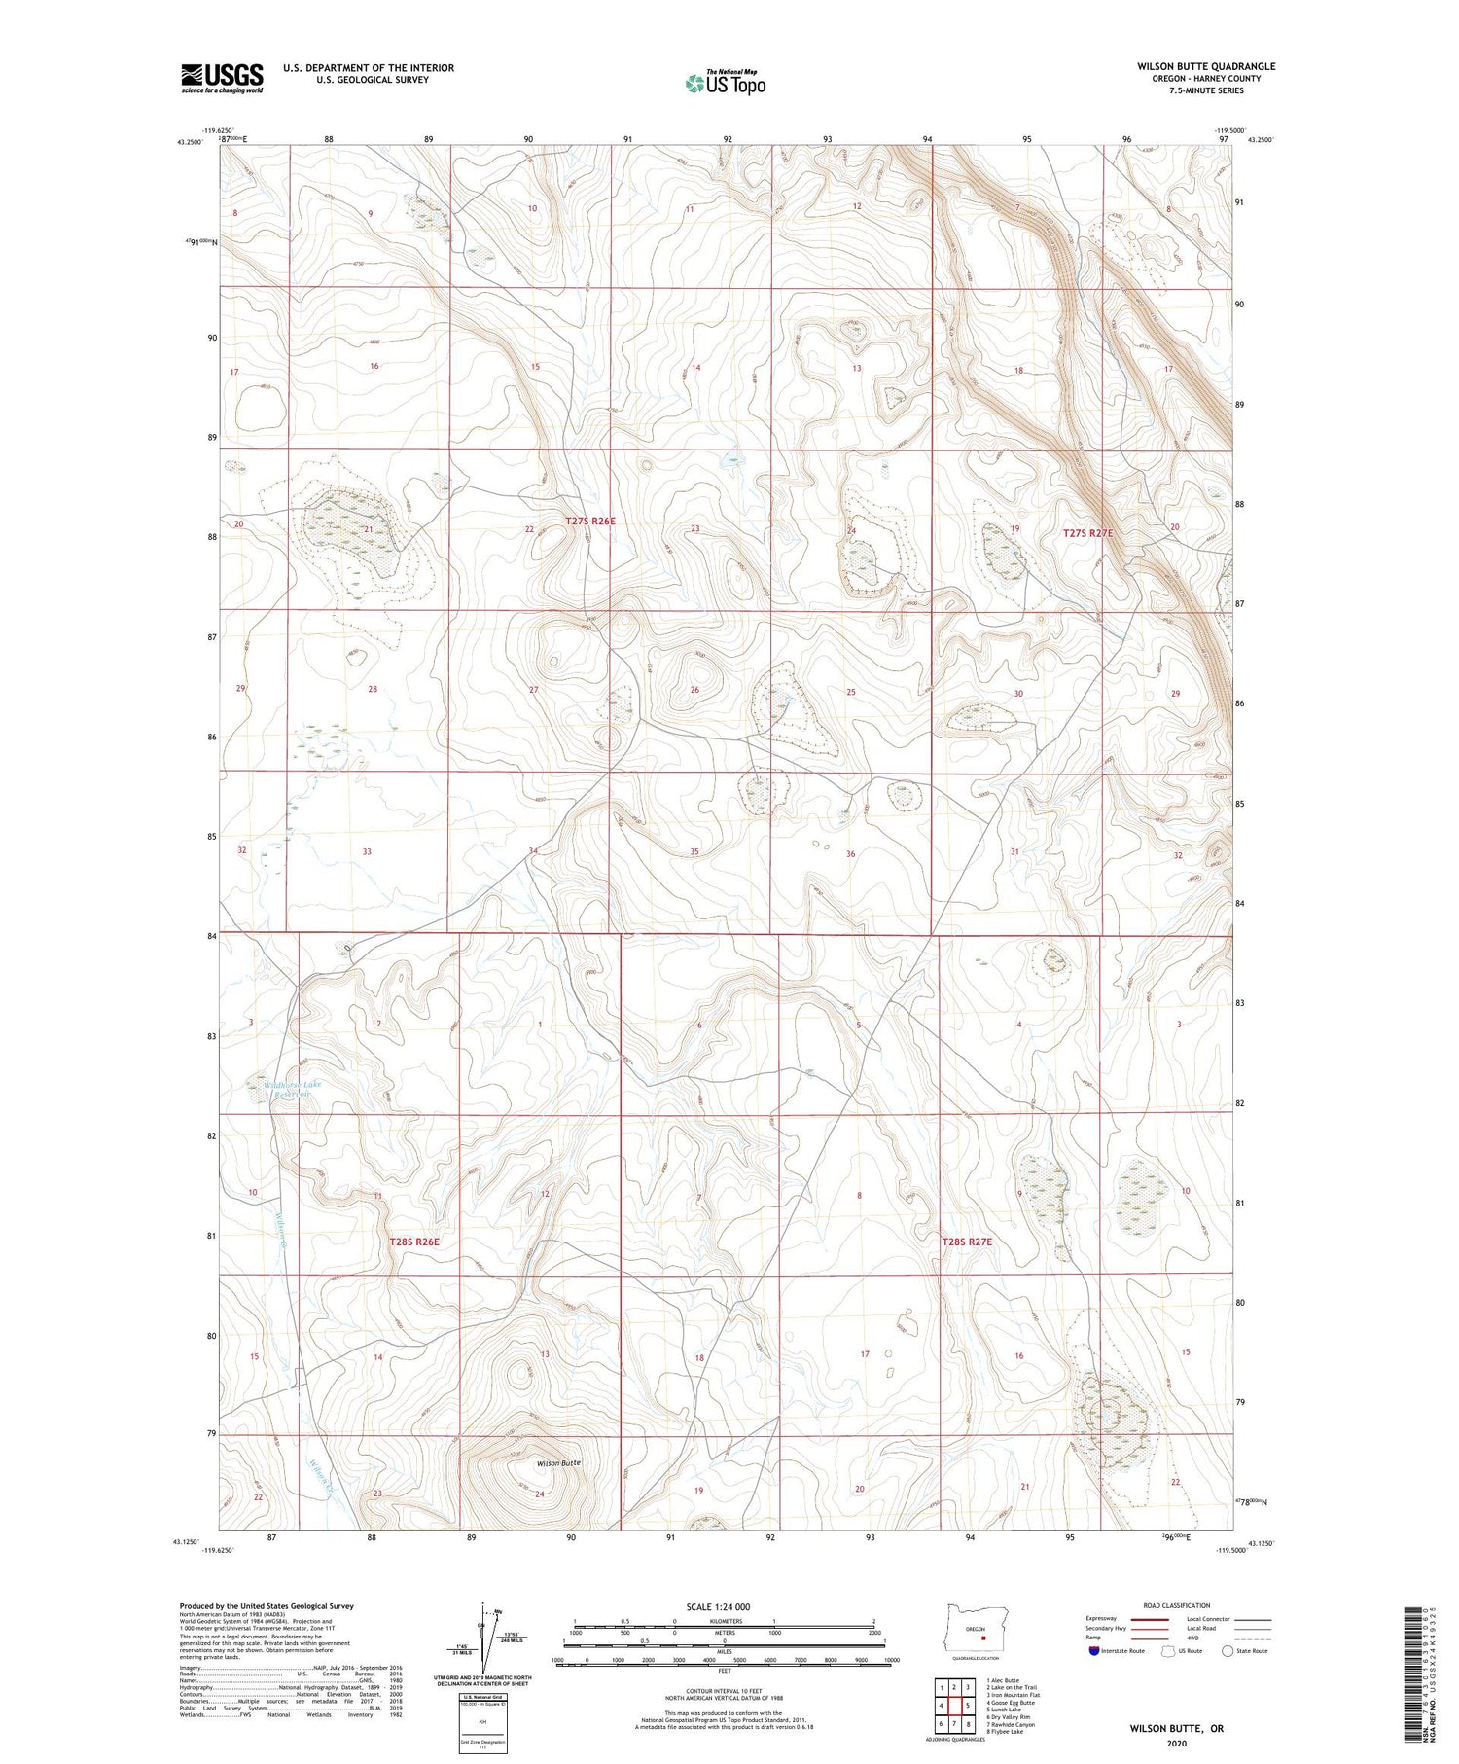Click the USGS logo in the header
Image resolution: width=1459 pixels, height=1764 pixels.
[222, 78]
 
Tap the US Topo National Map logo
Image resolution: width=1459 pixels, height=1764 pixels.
[725, 83]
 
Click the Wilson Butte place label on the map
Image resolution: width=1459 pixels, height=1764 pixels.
[558, 1462]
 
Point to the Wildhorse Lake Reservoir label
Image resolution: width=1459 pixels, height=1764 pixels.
[297, 1089]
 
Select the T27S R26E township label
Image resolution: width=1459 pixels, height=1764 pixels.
[590, 522]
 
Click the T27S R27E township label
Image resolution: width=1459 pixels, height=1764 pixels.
[1093, 533]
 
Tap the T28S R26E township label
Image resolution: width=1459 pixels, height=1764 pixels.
[414, 1242]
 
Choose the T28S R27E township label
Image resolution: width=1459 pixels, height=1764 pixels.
[966, 1242]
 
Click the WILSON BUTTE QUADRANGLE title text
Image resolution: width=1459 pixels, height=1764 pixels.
[1205, 66]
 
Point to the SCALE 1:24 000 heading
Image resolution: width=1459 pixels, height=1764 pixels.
[717, 1606]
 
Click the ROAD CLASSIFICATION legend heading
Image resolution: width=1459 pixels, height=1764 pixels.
[1176, 1605]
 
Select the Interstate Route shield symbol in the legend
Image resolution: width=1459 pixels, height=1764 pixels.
[1094, 1651]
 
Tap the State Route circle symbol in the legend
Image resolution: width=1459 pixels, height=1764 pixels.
[1228, 1651]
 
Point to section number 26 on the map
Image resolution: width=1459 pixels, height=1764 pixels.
[694, 690]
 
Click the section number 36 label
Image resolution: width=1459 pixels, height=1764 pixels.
[850, 853]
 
